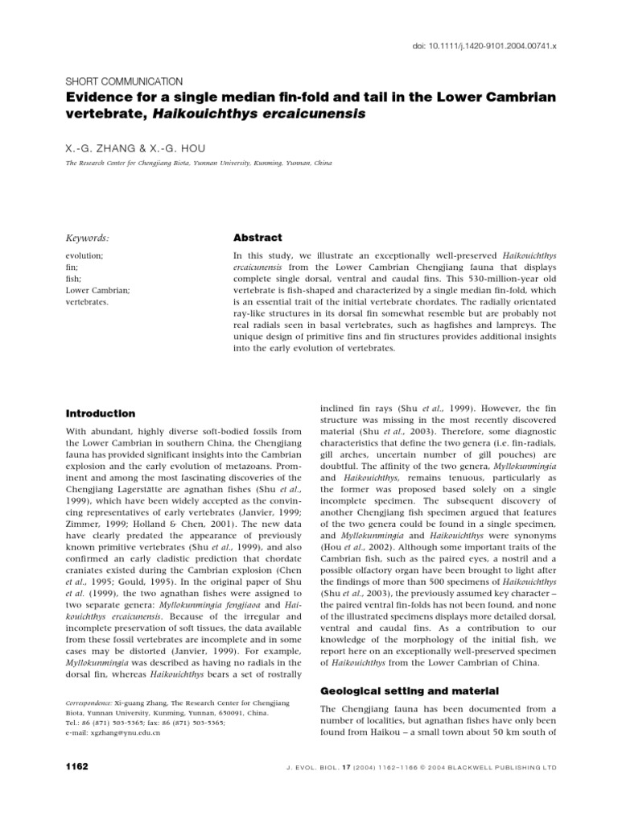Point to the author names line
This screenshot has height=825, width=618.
139,150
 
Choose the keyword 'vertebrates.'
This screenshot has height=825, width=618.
88,303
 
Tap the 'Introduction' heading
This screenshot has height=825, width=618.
100,413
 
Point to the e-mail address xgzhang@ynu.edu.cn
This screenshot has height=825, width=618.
113,733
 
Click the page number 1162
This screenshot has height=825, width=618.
76,766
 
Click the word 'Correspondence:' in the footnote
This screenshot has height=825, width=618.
89,703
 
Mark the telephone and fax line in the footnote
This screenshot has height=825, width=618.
145,723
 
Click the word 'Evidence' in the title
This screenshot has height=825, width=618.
95,97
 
